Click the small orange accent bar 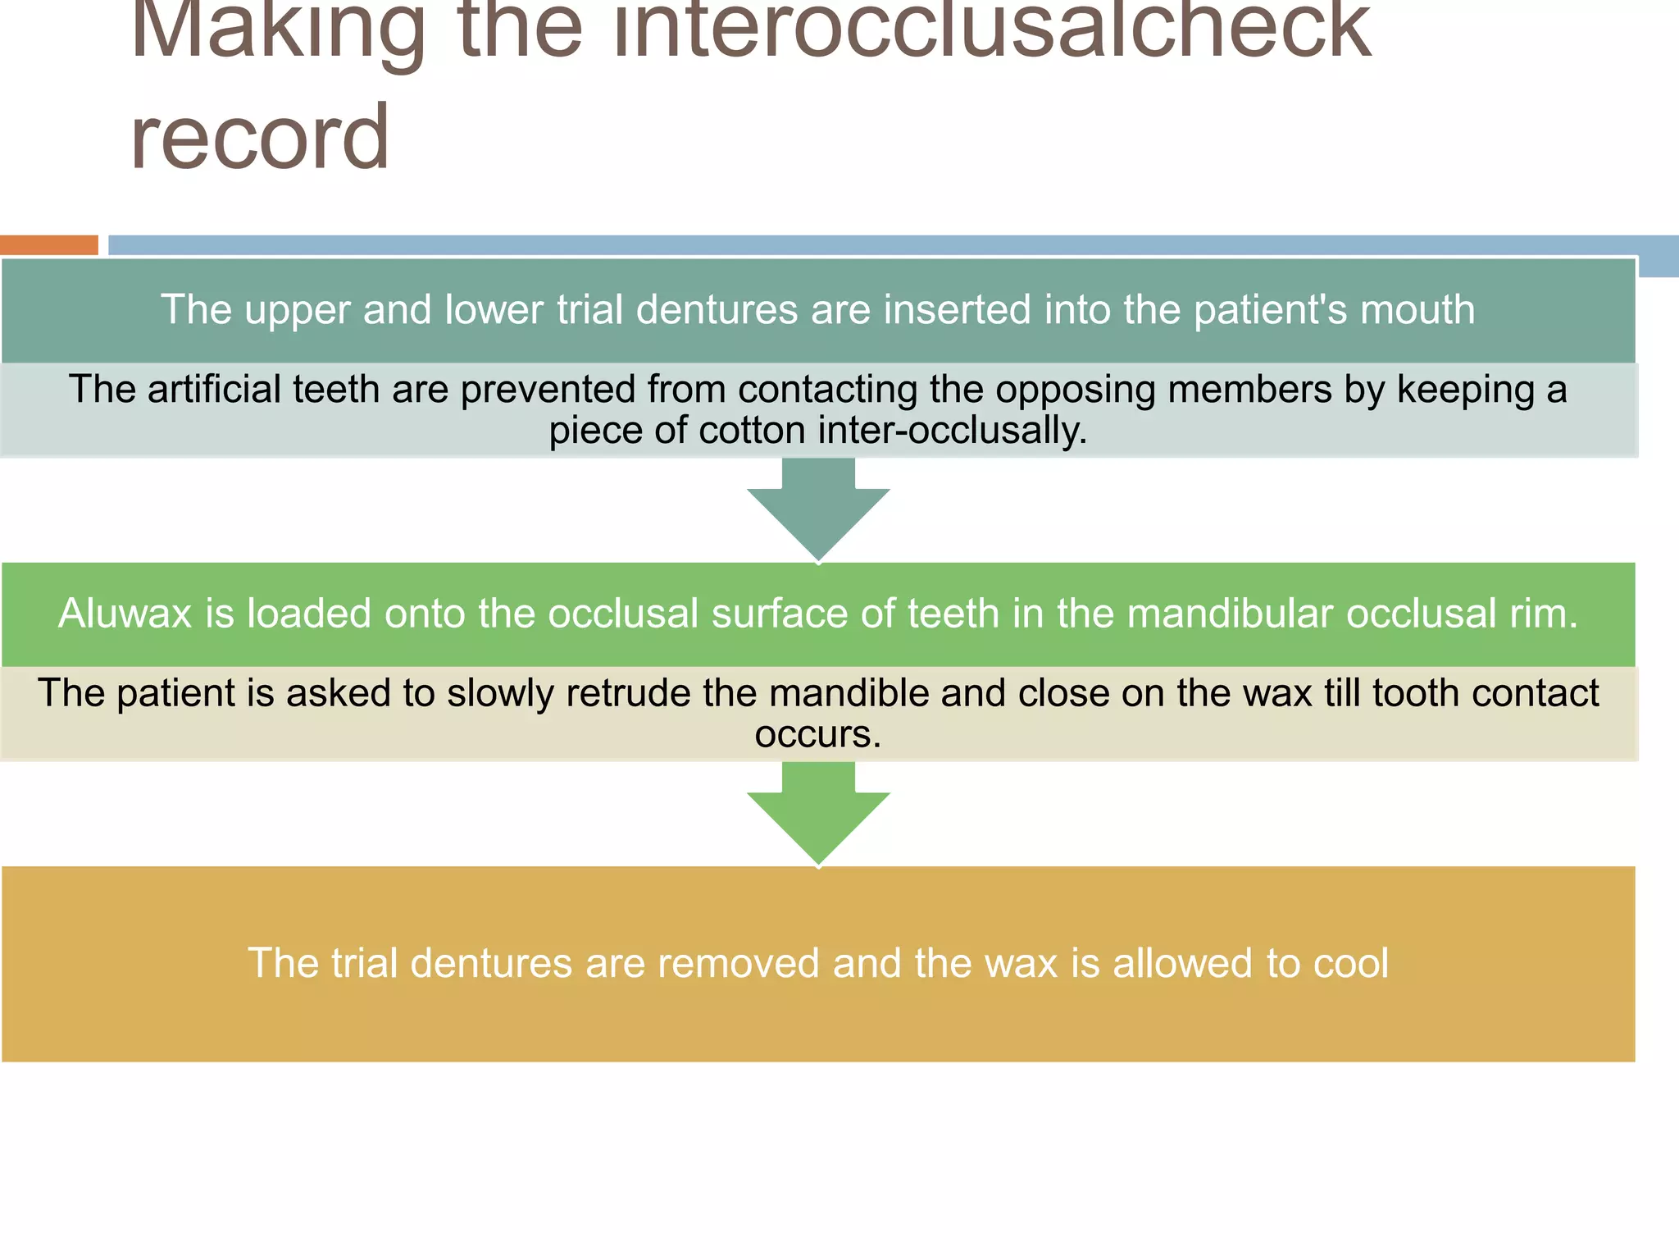(x=49, y=244)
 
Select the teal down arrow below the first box (x=818, y=512)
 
